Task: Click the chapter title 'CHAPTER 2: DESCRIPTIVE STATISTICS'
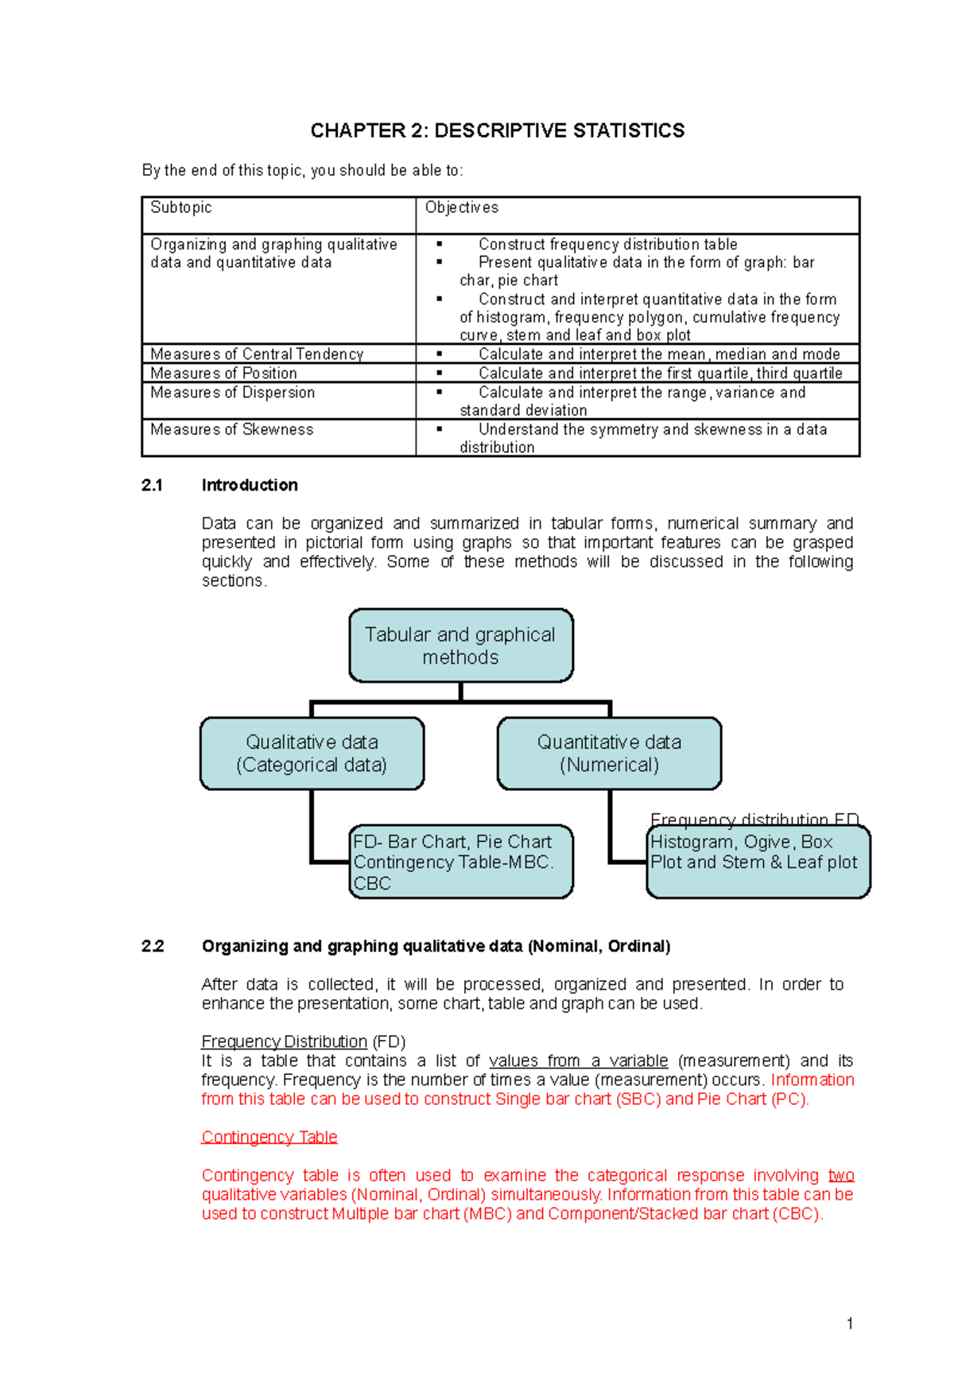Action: (497, 130)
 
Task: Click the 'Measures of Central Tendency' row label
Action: (257, 354)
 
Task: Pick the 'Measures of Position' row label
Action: (223, 373)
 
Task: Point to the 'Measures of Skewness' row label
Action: (231, 429)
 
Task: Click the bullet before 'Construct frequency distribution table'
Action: (439, 245)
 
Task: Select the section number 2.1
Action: (152, 485)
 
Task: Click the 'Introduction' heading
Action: (250, 485)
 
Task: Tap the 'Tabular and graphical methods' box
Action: (460, 646)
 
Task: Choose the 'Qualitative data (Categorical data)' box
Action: (312, 753)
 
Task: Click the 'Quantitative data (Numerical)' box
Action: (609, 753)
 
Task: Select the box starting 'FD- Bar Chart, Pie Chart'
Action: (460, 862)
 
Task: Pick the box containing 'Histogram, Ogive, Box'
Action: (758, 862)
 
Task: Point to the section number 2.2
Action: (152, 946)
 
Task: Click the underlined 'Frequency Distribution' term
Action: (284, 1041)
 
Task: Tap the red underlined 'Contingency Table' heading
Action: (270, 1137)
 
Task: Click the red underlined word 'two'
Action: (840, 1175)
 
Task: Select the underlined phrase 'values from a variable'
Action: (578, 1061)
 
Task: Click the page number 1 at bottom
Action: (850, 1324)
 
